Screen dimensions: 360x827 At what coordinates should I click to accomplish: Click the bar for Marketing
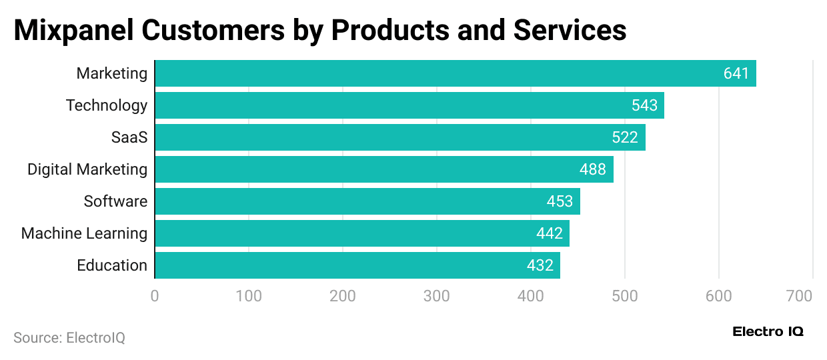tap(455, 73)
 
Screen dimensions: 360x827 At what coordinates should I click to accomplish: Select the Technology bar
tap(409, 105)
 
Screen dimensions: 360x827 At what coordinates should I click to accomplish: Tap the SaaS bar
tap(399, 137)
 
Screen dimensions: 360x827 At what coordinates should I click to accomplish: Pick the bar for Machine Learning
tap(361, 233)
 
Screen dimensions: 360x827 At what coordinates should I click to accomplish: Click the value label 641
tap(736, 73)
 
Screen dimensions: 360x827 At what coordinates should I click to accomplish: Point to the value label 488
tap(592, 169)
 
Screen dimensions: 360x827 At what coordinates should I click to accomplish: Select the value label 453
tap(560, 201)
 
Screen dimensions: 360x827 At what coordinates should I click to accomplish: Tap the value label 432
tap(540, 265)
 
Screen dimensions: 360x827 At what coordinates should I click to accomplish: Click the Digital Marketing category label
tap(87, 169)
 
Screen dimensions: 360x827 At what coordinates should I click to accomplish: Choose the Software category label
tap(115, 201)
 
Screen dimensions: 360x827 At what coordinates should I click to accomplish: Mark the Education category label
tap(112, 265)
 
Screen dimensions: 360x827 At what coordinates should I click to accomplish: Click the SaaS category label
tap(129, 137)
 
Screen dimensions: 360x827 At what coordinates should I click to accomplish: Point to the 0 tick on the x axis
tap(155, 296)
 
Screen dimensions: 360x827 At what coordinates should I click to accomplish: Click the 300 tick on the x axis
tap(437, 296)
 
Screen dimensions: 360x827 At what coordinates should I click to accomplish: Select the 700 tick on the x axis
tap(799, 296)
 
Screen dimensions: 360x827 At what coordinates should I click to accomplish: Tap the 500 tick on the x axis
tap(625, 296)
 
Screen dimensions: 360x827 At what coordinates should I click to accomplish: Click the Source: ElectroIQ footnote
tap(69, 338)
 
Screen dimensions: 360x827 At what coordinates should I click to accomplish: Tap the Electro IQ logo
tap(768, 332)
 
